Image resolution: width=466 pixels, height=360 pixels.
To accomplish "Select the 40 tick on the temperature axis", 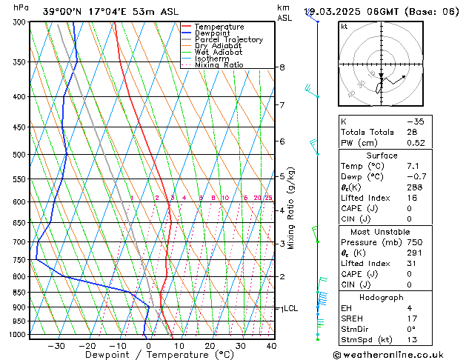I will point(271,346).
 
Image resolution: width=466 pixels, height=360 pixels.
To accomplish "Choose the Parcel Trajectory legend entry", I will point(228,40).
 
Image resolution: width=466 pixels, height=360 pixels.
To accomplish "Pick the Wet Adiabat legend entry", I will point(218,53).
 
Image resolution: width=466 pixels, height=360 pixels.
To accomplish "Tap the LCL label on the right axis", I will point(290,308).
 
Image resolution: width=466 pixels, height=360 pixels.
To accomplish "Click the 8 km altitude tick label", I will point(282,67).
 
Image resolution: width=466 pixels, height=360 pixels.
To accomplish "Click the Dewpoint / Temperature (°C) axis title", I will point(149,356).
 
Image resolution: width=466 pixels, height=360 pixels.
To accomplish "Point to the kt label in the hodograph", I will point(344,26).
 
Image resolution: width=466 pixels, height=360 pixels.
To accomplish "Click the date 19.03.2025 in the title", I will point(339,11).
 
